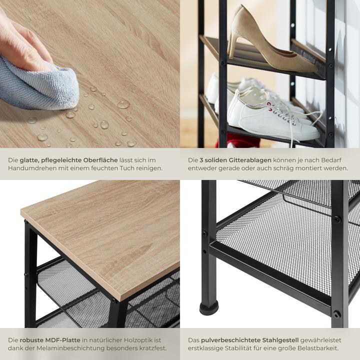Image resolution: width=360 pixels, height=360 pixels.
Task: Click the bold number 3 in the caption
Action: (201, 160)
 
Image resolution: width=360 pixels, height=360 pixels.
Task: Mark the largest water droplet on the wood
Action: (123, 104)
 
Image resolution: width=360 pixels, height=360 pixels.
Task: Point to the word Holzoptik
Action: (135, 340)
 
